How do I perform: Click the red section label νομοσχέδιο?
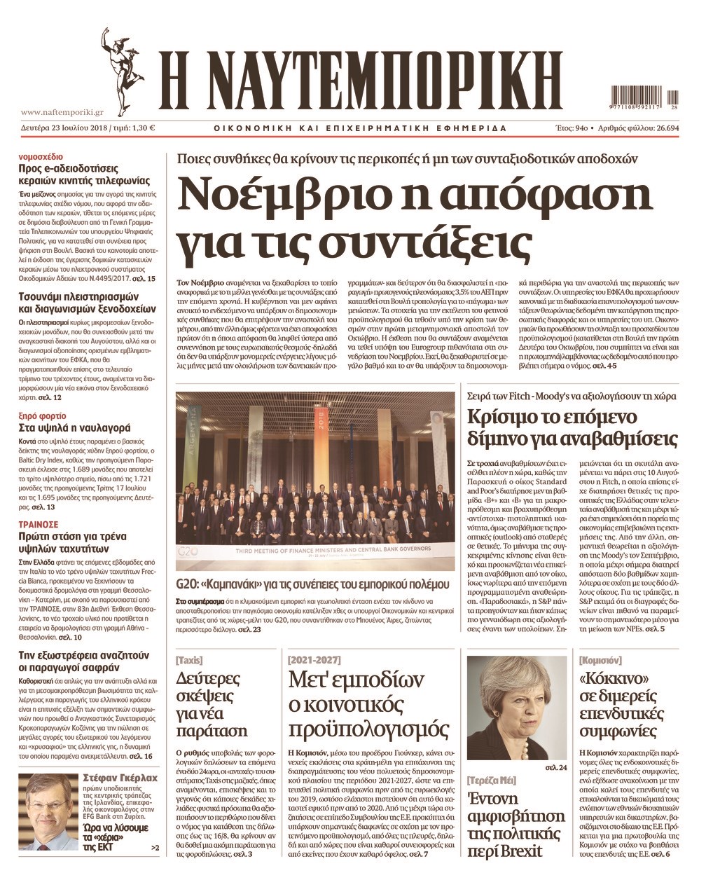click(x=41, y=156)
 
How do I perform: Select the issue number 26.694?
click(x=656, y=128)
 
